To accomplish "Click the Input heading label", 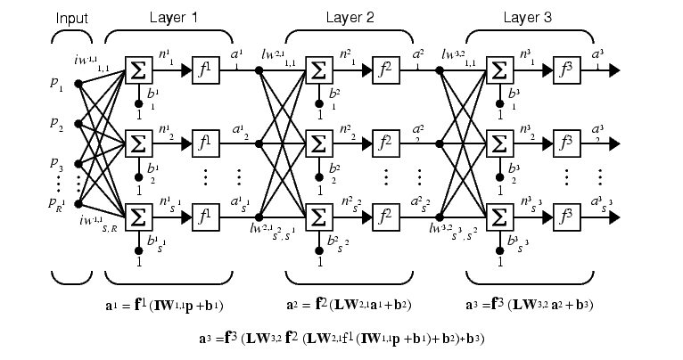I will (72, 17).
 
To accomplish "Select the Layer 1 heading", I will (167, 17).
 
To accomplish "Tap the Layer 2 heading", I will (349, 17).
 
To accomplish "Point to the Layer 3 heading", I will (529, 17).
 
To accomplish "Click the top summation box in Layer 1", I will (138, 70).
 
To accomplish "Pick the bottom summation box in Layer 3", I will (498, 217).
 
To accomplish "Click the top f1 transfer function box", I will (205, 70).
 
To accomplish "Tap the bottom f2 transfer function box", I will (385, 217).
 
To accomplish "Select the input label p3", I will (57, 166).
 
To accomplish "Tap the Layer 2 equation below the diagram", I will (350, 305).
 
